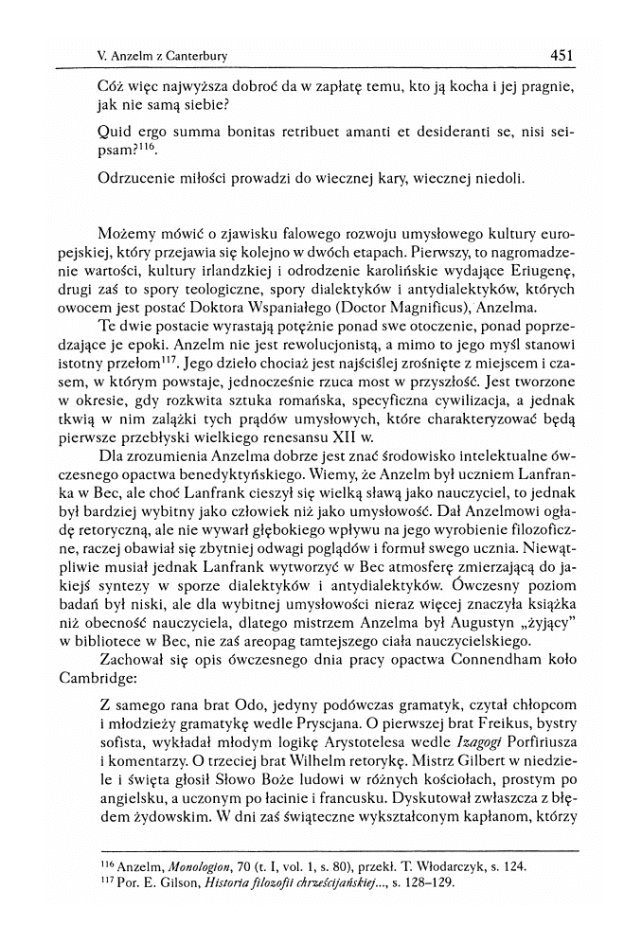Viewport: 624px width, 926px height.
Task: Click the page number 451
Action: click(562, 56)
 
